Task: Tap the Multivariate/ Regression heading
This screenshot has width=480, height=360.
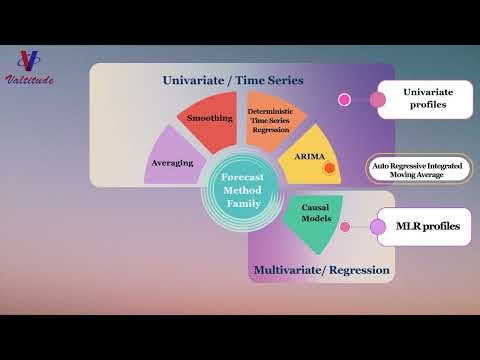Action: click(321, 270)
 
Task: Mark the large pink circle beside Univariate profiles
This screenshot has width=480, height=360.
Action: click(377, 99)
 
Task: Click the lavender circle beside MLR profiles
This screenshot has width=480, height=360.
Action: click(378, 227)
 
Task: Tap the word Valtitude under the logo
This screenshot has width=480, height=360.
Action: click(31, 79)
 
